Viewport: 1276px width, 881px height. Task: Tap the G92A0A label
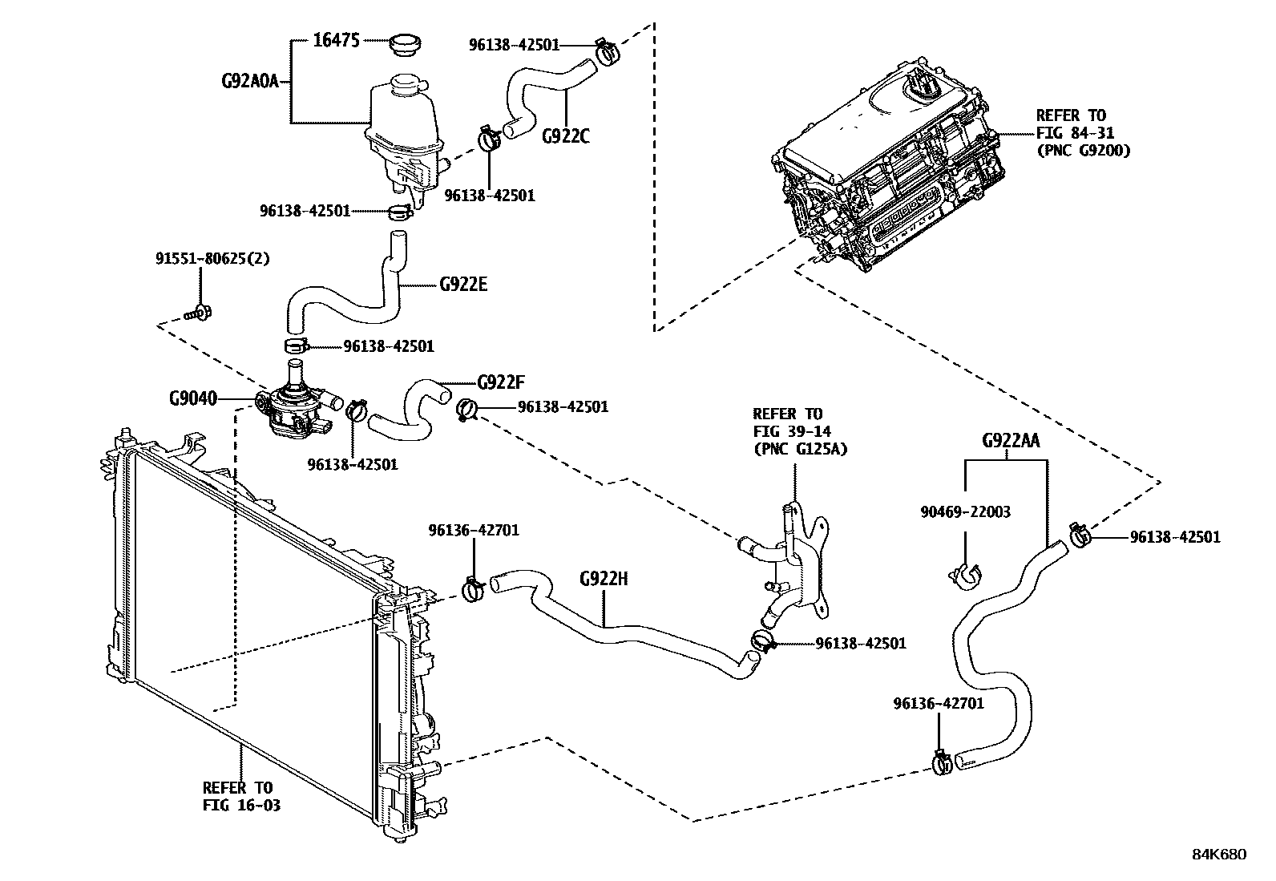point(248,81)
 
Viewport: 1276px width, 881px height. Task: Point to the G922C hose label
point(565,136)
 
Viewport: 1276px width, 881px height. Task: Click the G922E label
point(463,285)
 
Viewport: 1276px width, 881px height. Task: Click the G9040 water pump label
point(192,398)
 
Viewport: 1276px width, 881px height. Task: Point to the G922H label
point(604,578)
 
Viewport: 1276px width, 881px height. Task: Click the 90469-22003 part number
point(965,511)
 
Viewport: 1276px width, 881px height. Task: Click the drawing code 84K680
point(1218,855)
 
